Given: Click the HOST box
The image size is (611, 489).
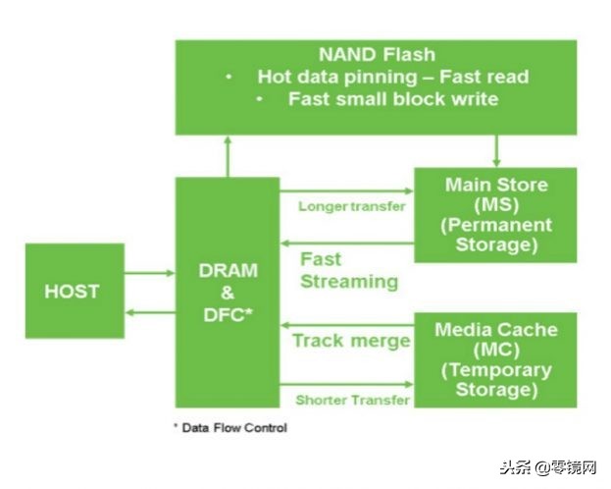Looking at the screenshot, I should tap(75, 291).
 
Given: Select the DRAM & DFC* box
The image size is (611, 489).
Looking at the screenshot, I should tap(227, 292).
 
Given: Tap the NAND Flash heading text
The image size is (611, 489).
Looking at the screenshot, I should tap(376, 54).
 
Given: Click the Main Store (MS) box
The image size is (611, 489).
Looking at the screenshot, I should tap(495, 214).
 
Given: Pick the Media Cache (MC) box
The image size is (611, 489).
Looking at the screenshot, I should tap(495, 358).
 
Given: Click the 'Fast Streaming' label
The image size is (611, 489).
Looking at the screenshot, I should tap(348, 270).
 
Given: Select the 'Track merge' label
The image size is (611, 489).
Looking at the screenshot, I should tap(351, 341).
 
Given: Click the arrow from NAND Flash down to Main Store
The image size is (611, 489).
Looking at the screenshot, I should tap(496, 150).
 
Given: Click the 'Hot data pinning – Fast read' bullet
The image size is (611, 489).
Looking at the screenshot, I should tap(392, 77).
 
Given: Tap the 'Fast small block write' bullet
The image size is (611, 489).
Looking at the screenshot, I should tap(392, 99).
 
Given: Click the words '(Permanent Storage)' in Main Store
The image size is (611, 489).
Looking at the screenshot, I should tap(496, 234).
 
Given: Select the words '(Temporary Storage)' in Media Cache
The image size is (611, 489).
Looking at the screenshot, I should tap(495, 380).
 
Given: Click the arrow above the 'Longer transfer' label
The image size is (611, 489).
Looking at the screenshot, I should tap(346, 190).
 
